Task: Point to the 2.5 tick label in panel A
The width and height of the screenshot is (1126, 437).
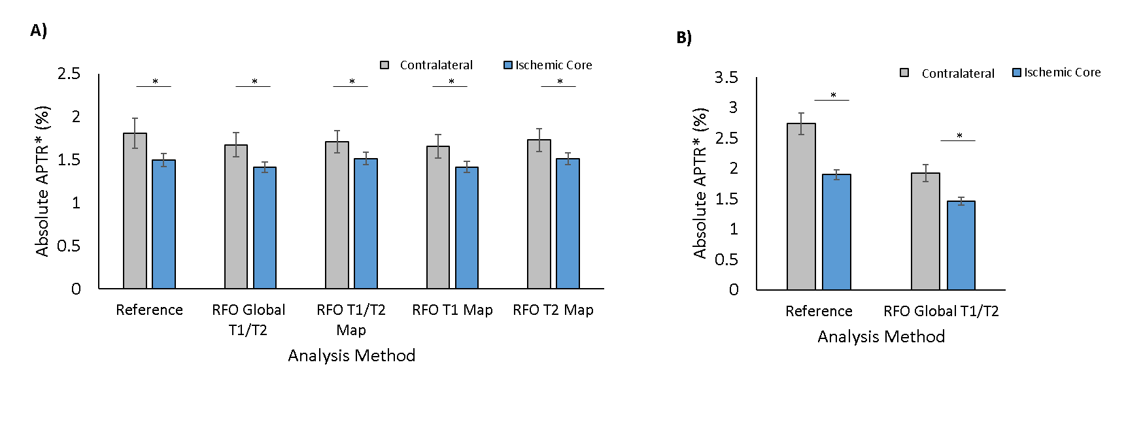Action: coord(69,74)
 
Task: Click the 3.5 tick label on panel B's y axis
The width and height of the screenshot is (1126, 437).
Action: coord(726,78)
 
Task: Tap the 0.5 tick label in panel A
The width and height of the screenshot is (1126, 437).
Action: coord(69,246)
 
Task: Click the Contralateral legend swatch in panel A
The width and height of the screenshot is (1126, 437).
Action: coord(384,65)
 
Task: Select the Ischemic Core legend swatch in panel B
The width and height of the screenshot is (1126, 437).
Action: coord(1016,73)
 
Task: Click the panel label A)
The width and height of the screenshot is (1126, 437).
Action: coord(39,31)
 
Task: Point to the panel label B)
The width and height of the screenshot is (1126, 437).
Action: coord(684,38)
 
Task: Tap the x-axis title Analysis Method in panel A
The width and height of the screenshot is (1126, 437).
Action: coord(352,355)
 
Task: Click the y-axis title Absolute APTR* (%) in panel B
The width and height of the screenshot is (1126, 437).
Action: coord(700,184)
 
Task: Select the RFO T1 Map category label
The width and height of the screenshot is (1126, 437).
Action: coord(452,310)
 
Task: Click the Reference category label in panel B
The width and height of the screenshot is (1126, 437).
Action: coord(819,312)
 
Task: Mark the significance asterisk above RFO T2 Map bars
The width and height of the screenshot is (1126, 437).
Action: coord(560,82)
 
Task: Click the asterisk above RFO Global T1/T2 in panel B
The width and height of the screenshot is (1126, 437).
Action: coord(959,136)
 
